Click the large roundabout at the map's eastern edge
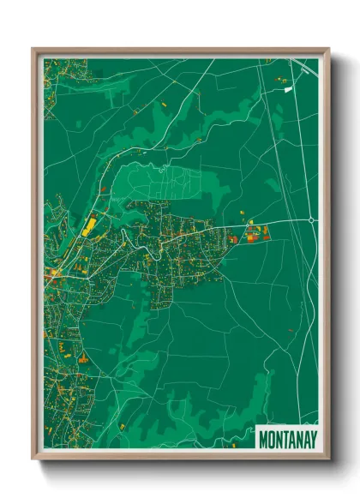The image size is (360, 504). [310, 220]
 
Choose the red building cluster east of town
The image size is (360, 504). [255, 232]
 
